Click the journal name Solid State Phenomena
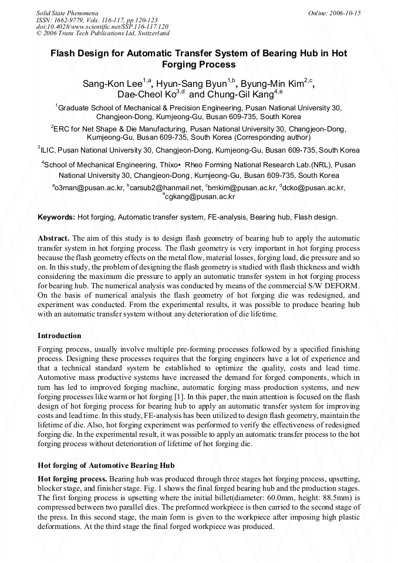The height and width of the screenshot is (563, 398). tap(67, 13)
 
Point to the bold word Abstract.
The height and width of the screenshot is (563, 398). tap(54, 238)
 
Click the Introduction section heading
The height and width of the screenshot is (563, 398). tap(59, 336)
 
